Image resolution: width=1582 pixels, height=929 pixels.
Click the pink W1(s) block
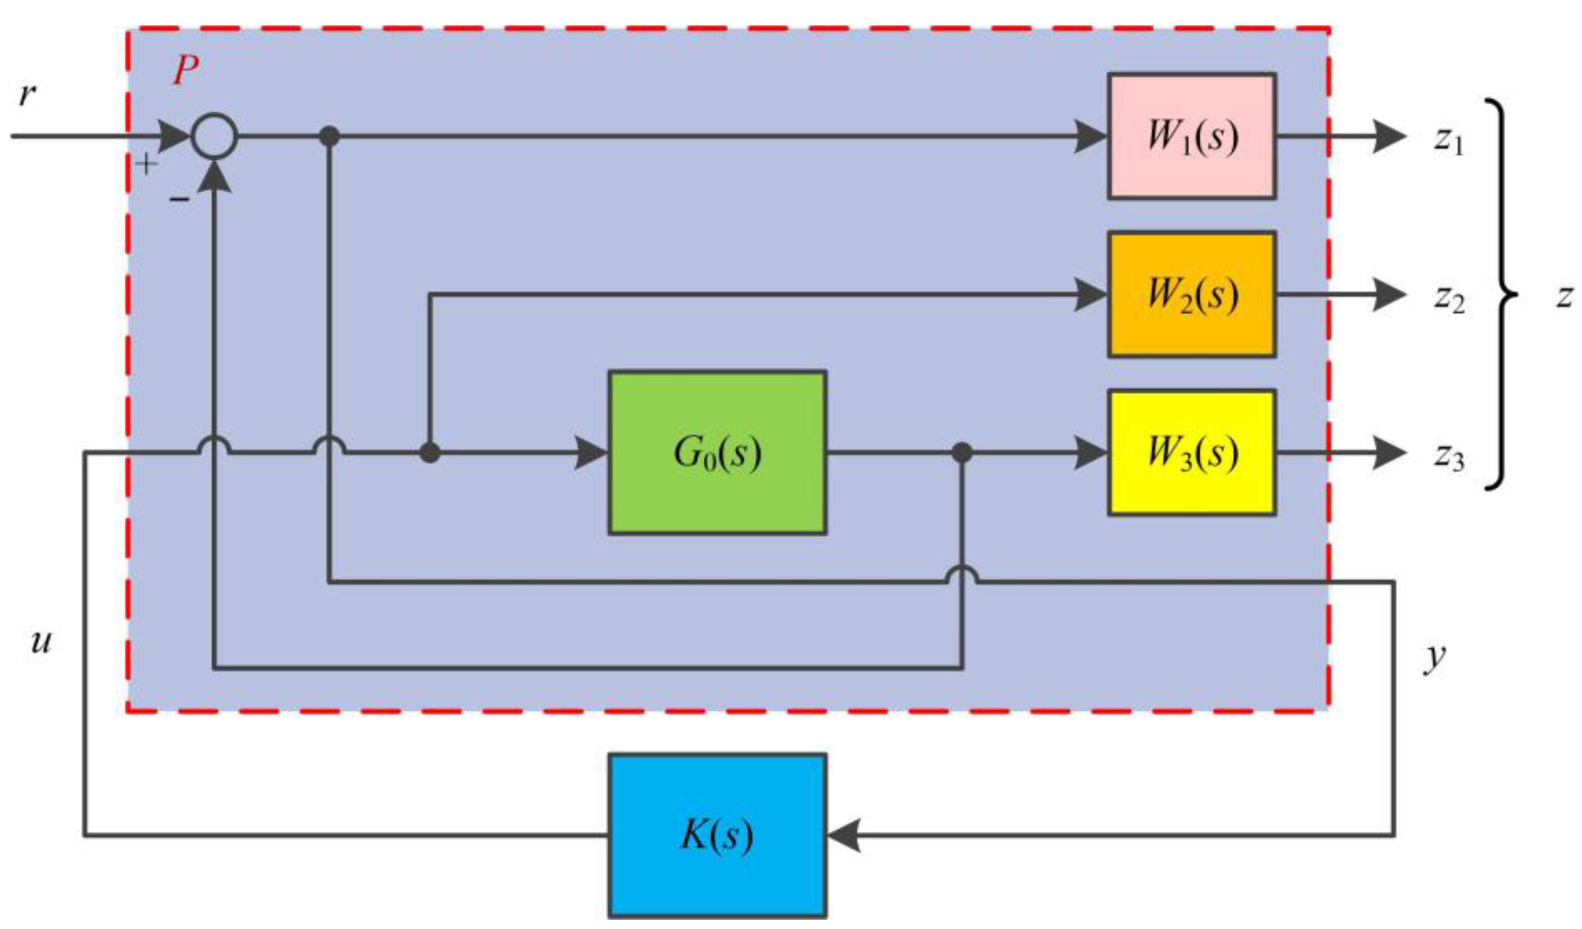click(x=1191, y=136)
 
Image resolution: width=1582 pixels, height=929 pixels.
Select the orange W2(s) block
click(x=1191, y=294)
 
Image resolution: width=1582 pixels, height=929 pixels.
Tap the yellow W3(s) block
click(x=1191, y=452)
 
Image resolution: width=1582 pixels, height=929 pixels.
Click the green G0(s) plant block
click(x=717, y=452)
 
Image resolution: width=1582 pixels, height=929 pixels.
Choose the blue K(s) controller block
click(x=717, y=835)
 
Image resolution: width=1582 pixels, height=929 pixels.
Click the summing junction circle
click(x=214, y=136)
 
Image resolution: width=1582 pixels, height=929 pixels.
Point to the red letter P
click(x=186, y=70)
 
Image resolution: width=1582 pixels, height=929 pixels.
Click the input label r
click(x=27, y=95)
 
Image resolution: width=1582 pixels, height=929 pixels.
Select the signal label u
click(x=41, y=641)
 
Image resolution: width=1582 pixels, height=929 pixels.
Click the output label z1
click(x=1448, y=141)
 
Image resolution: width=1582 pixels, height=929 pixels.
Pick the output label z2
click(x=1448, y=299)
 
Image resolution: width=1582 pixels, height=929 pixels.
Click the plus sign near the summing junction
click(x=146, y=165)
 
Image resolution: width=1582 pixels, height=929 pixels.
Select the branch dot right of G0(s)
click(x=962, y=452)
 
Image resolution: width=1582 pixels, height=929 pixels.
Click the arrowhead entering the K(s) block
click(x=843, y=835)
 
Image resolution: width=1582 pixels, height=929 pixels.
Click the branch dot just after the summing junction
click(x=330, y=136)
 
